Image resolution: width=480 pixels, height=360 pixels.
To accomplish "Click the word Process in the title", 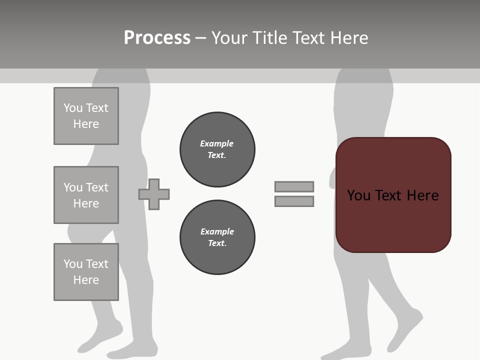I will (157, 38).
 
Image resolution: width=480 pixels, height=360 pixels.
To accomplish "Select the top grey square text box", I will (86, 116).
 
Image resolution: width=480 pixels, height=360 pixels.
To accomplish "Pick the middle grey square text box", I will (86, 195).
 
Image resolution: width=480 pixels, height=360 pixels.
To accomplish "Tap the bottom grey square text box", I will (86, 272).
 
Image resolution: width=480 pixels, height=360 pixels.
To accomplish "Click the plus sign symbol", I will (154, 194).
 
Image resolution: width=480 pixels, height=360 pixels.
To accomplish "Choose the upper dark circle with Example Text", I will (217, 149).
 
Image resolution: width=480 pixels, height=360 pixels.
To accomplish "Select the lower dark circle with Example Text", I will (217, 237).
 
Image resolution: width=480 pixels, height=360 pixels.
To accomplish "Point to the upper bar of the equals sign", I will (294, 187).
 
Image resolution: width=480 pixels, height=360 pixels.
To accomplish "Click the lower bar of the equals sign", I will (294, 201).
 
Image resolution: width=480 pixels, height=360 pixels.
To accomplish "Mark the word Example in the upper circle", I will (216, 143).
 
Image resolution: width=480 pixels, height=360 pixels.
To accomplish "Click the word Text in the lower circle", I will (216, 243).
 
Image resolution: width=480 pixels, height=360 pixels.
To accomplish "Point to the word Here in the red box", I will (422, 195).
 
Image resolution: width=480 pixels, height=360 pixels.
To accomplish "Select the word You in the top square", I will (73, 108).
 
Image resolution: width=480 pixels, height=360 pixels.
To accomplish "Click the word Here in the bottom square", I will (86, 280).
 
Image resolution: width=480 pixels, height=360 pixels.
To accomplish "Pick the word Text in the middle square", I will (96, 187).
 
